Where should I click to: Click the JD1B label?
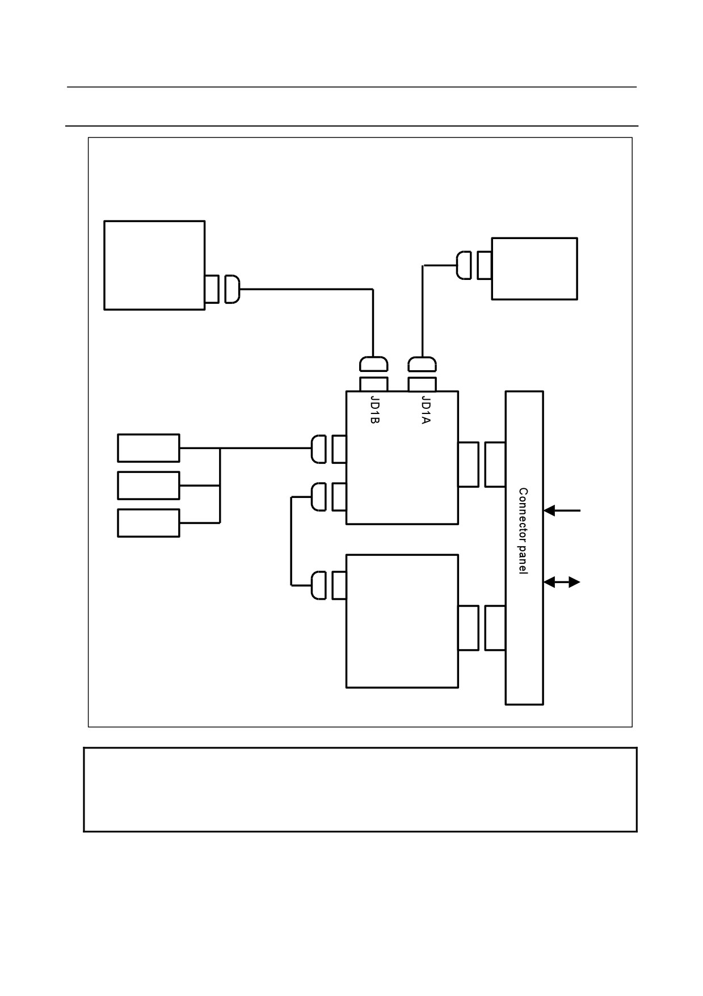(x=374, y=409)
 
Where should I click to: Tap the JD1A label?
(x=426, y=409)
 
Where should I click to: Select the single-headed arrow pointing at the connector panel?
(x=562, y=510)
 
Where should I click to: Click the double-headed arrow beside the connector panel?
(x=562, y=582)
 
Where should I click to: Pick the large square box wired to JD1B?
(x=154, y=265)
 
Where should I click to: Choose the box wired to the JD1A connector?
(x=534, y=269)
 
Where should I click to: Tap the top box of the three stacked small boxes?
(x=149, y=448)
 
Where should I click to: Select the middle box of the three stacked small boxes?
(x=149, y=486)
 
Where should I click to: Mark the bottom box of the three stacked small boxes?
(x=149, y=523)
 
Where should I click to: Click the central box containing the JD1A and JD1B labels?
(x=402, y=458)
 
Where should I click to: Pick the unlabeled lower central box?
(x=402, y=621)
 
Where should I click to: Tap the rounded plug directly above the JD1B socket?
(x=374, y=363)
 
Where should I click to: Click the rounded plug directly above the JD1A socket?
(x=422, y=363)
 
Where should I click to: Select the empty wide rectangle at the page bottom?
(x=360, y=790)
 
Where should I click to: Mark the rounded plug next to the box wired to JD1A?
(x=464, y=265)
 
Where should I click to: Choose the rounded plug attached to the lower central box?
(x=318, y=585)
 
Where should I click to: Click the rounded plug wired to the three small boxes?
(x=318, y=449)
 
